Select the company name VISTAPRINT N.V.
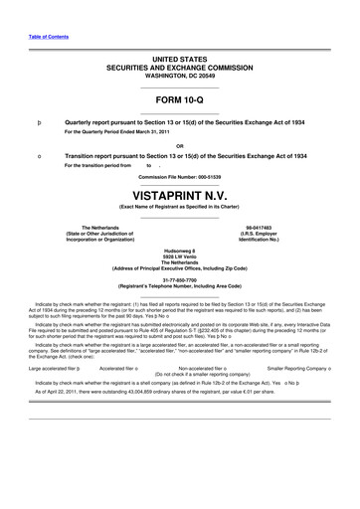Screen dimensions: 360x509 pos(179,192)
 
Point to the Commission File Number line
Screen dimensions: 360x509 pos(179,176)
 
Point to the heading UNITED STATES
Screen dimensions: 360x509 pos(179,60)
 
